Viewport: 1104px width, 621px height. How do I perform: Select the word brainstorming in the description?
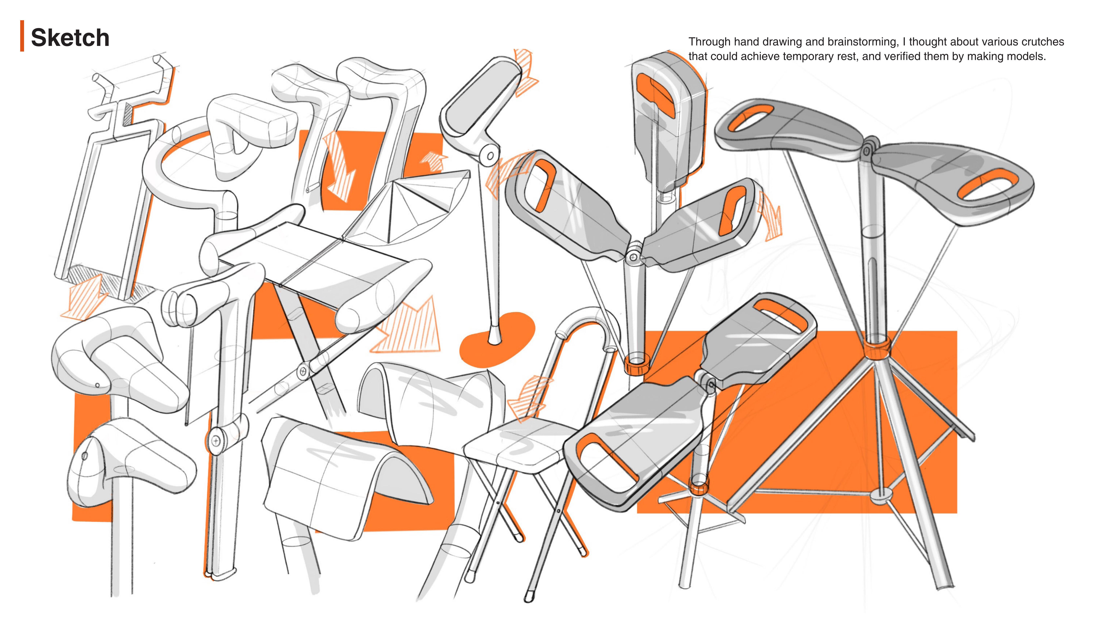click(863, 42)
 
